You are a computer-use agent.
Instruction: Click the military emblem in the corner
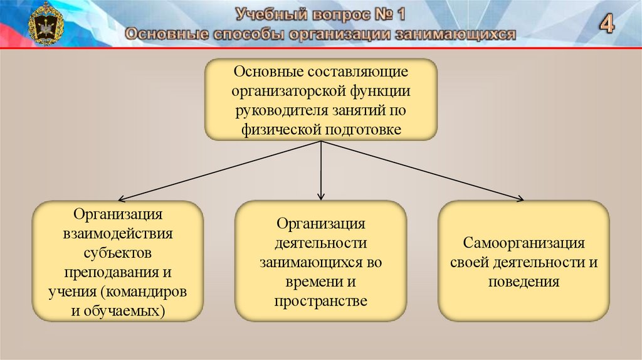point(45,24)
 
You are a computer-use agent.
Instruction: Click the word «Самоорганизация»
point(524,243)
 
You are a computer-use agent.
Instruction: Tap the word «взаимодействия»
point(118,234)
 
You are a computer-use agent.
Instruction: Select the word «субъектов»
point(118,253)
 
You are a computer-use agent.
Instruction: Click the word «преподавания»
point(108,273)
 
